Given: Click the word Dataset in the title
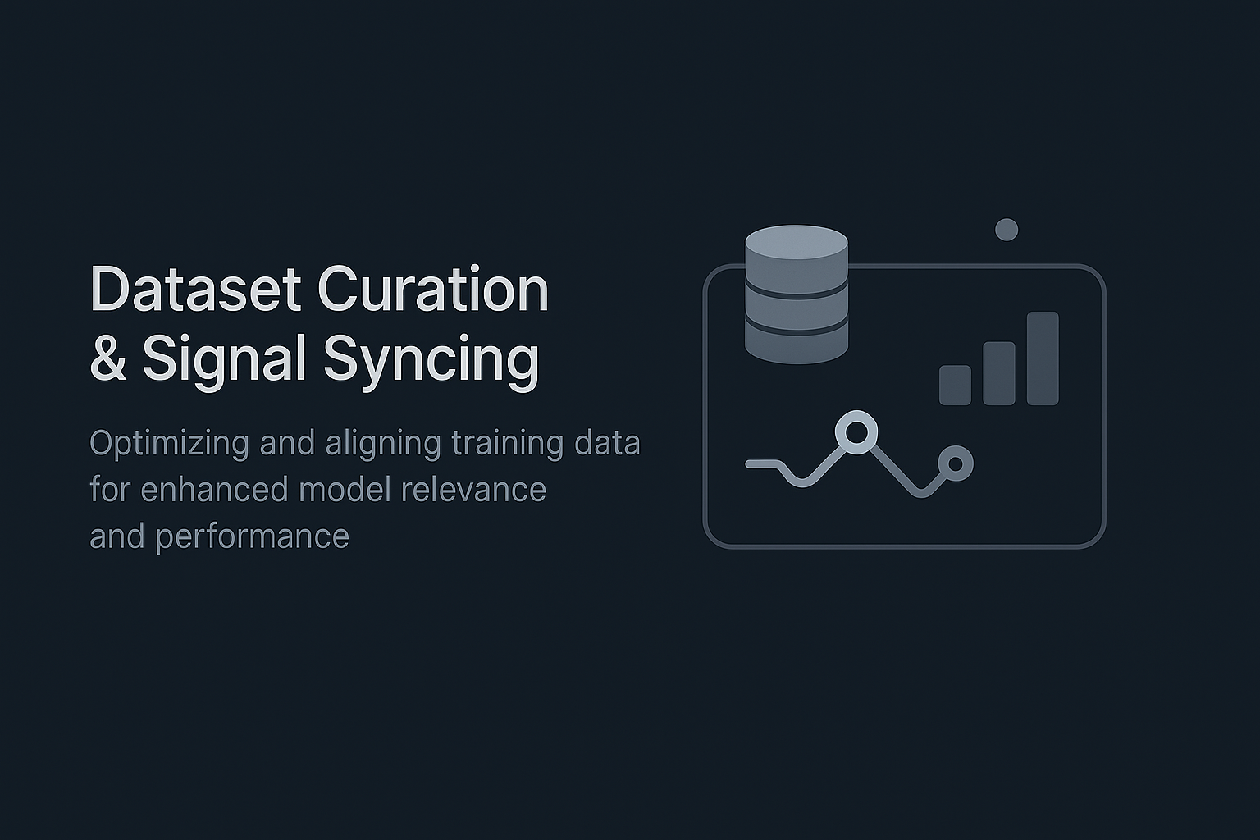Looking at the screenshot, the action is point(195,289).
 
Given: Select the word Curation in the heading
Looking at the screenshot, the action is point(433,289).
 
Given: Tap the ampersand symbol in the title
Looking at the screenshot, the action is point(108,358).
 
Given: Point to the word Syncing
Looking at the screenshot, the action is point(431,361).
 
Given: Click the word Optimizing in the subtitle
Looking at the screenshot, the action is point(169,445).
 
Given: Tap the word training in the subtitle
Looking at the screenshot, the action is point(508,445).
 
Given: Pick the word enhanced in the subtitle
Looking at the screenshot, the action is point(214,489).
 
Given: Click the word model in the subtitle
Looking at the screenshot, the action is point(345,489).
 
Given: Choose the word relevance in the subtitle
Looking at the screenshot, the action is point(473,490).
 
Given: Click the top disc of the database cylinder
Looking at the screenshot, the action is point(797,243).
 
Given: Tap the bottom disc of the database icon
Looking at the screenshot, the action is point(797,345).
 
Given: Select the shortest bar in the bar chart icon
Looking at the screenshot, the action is point(955,385).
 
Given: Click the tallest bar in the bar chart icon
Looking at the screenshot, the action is point(1043,358).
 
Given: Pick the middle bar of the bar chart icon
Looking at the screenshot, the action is point(999,373).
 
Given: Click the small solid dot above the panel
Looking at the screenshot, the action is point(1007,230).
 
